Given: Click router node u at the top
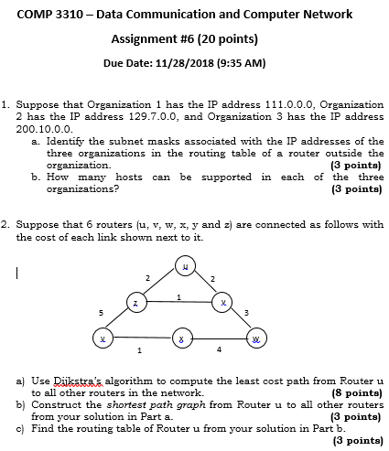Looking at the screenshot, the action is tap(186, 266).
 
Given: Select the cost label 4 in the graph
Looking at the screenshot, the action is tap(220, 348).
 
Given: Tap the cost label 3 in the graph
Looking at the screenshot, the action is tap(246, 314).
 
